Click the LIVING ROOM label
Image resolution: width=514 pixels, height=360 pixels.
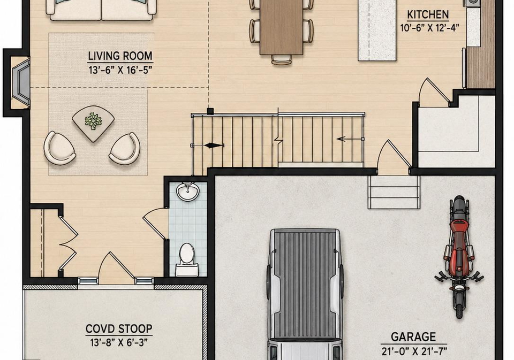click(x=120, y=56)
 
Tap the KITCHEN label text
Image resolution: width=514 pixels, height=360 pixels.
click(x=428, y=15)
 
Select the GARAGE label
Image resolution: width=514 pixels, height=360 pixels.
click(x=413, y=337)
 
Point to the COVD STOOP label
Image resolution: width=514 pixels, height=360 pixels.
click(x=119, y=328)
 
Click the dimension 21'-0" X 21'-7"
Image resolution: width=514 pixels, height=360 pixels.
click(x=414, y=351)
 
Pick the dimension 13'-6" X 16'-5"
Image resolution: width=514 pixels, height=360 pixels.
click(x=120, y=70)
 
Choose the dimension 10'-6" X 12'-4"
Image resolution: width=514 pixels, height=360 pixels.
click(x=428, y=28)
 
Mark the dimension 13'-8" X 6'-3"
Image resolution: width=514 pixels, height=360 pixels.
click(x=119, y=343)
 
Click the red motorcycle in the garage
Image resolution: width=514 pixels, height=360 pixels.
click(x=459, y=257)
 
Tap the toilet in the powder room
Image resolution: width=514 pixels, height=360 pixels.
click(x=186, y=260)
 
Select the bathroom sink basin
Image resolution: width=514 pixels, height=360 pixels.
click(x=187, y=192)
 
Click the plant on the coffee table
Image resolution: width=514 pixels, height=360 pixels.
click(x=93, y=120)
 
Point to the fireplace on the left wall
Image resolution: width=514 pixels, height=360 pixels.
click(x=20, y=82)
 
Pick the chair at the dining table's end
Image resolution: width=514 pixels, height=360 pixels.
click(x=281, y=59)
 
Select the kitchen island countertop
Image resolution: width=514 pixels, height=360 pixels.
click(x=376, y=30)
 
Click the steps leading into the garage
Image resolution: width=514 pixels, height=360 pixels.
click(x=394, y=192)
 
